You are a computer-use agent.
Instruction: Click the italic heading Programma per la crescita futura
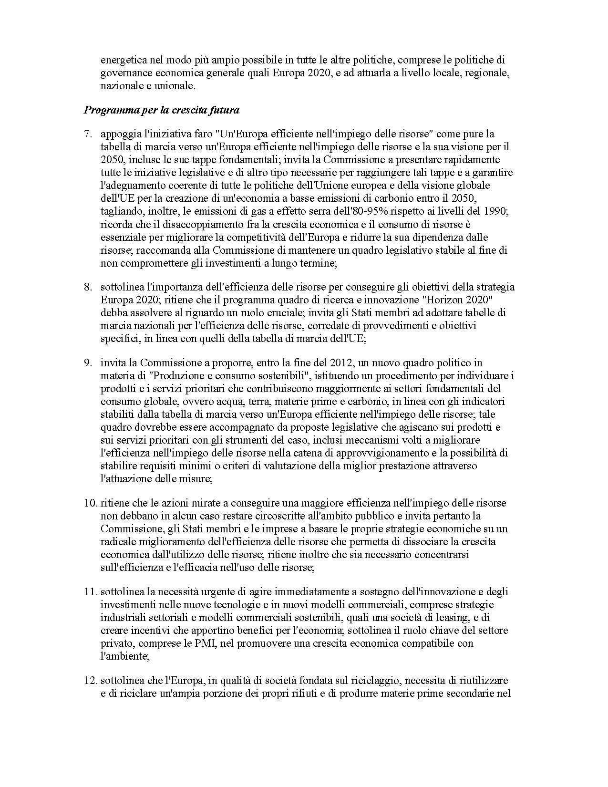162,110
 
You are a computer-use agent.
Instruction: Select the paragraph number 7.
88,134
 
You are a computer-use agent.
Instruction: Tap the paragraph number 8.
88,287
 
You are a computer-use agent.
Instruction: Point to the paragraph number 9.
88,363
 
